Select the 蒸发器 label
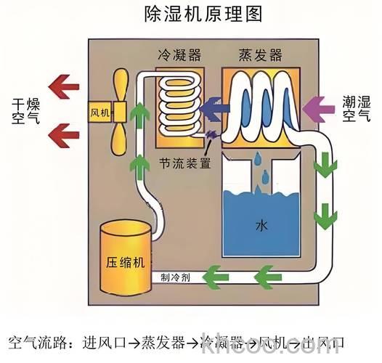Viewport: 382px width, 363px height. [x=260, y=56]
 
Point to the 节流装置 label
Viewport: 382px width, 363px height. [x=185, y=164]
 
